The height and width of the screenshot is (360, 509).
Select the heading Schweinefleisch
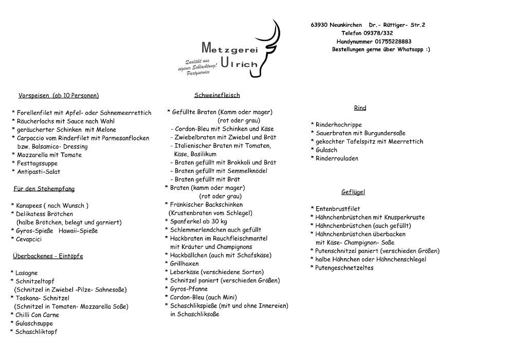click(217, 95)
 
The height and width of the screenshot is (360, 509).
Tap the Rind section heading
click(360, 108)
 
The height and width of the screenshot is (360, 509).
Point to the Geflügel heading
click(353, 192)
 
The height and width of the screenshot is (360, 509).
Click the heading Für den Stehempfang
click(44, 189)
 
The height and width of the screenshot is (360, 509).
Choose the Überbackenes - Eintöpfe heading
click(48, 256)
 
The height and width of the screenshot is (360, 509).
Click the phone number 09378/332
click(374, 33)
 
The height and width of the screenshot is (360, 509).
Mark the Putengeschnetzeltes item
click(344, 268)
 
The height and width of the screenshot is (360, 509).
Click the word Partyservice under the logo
click(198, 74)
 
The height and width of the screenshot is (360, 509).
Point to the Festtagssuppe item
click(37, 164)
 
